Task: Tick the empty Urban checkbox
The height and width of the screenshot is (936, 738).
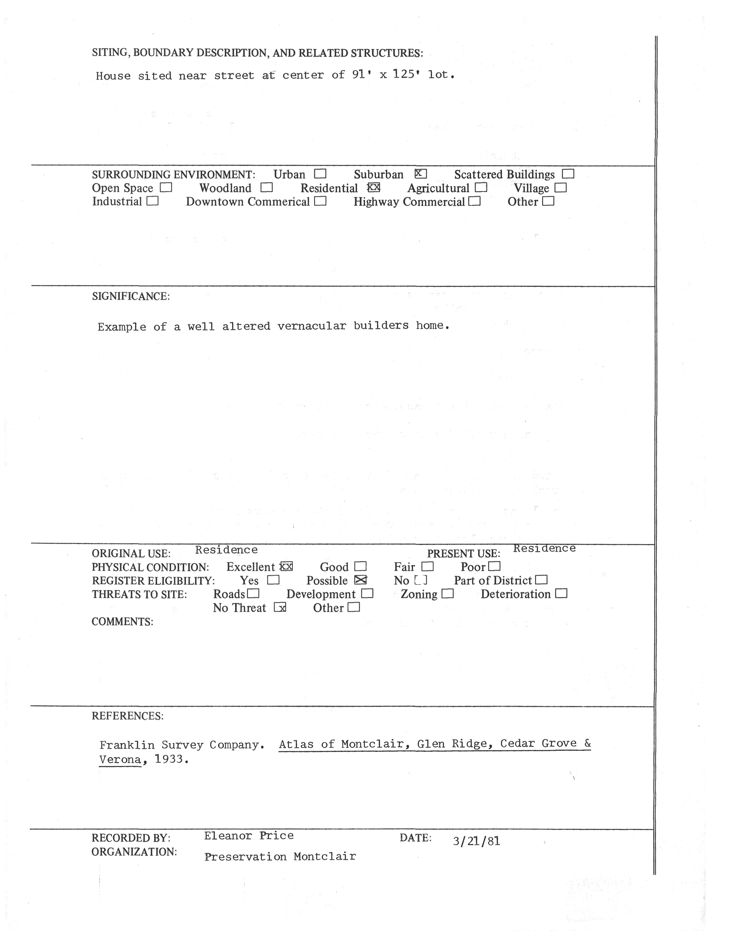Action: click(320, 174)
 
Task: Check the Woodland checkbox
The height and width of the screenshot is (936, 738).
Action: click(267, 188)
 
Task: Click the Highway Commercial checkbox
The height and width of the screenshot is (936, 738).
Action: click(474, 201)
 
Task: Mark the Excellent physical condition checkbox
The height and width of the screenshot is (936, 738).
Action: click(286, 567)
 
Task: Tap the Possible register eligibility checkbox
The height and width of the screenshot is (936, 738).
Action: click(360, 580)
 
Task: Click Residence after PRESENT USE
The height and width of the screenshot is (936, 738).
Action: click(544, 548)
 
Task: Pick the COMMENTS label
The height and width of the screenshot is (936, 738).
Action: click(122, 622)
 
